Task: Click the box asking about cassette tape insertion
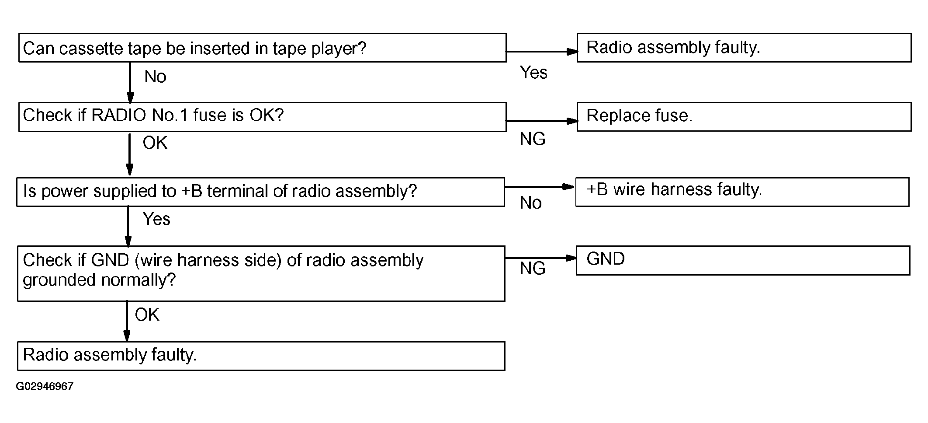point(262,48)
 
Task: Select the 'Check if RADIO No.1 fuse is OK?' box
point(262,117)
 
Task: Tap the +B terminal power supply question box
point(260,192)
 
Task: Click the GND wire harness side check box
point(261,273)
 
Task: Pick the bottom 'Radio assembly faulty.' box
point(261,356)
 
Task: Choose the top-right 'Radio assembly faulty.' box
point(744,47)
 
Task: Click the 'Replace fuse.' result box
point(744,117)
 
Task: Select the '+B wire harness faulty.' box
point(742,192)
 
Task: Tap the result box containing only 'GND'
point(743,260)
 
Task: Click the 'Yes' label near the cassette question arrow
point(533,73)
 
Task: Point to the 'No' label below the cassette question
point(155,77)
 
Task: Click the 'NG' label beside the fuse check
point(533,139)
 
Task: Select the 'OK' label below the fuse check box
point(155,143)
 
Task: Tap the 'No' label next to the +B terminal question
point(530,203)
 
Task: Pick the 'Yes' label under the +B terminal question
point(156,219)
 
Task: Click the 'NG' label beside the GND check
point(533,269)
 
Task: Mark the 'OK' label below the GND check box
point(147,315)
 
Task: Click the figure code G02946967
point(45,387)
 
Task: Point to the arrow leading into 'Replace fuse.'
point(542,121)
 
